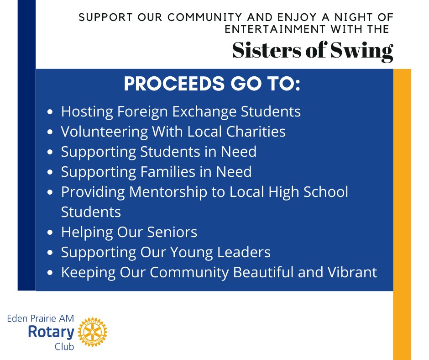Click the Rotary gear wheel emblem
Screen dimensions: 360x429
tap(93, 332)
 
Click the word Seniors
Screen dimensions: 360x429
tap(172, 232)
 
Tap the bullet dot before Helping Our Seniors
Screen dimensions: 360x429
tap(51, 233)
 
